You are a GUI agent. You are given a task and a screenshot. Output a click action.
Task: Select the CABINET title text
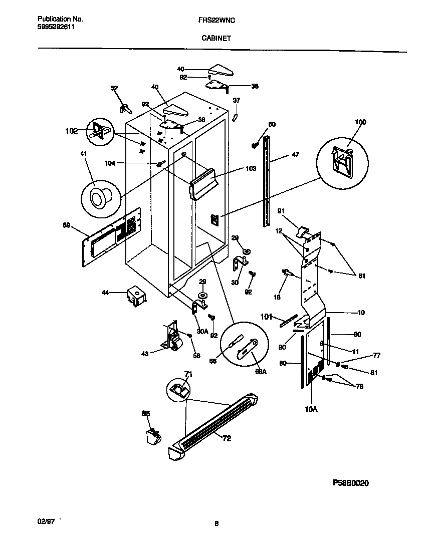pyautogui.click(x=216, y=38)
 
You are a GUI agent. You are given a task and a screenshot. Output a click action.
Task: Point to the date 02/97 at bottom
pyautogui.click(x=46, y=521)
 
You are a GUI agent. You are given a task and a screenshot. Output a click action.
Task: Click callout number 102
pyautogui.click(x=72, y=131)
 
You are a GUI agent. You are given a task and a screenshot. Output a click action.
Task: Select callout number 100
pyautogui.click(x=360, y=122)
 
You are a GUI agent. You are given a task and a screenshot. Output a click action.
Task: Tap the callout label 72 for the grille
pyautogui.click(x=227, y=438)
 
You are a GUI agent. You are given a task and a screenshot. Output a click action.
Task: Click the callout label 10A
pyautogui.click(x=311, y=409)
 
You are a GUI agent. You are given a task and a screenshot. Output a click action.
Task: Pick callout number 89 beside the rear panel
pyautogui.click(x=66, y=226)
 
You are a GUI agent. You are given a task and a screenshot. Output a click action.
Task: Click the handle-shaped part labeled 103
pyautogui.click(x=204, y=182)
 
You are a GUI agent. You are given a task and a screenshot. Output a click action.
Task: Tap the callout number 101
pyautogui.click(x=267, y=316)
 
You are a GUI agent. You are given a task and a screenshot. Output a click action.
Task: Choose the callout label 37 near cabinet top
pyautogui.click(x=237, y=100)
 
